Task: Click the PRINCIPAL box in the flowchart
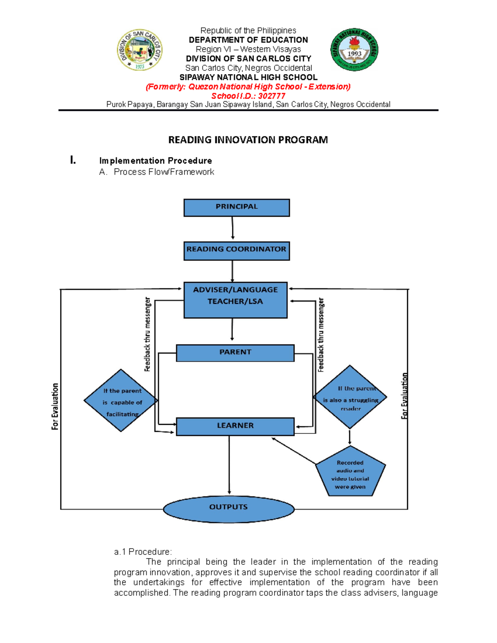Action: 236,207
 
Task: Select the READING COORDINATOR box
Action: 236,251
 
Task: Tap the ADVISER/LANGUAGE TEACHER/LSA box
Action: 235,300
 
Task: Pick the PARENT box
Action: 235,353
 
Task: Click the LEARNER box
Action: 235,426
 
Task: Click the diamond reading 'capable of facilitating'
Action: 121,400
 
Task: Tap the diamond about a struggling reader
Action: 350,397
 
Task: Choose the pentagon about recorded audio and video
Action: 350,473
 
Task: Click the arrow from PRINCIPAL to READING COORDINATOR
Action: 233,229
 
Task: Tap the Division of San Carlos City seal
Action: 140,50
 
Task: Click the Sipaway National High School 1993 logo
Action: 354,50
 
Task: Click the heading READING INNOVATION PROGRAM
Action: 248,140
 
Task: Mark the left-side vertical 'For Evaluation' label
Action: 55,406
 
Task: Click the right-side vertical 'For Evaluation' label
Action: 405,396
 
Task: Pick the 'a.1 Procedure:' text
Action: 142,551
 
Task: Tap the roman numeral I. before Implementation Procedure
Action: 73,160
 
